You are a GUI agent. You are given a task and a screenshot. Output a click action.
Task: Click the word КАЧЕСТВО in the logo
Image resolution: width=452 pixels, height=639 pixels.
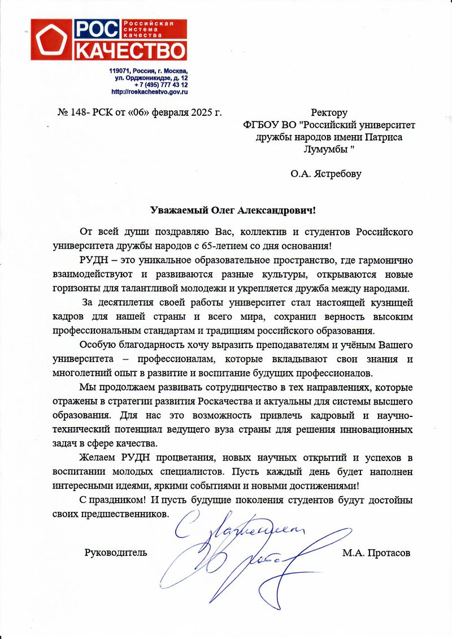coord(131,50)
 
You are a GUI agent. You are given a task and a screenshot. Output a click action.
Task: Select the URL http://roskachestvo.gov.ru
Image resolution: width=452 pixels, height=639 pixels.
coord(150,92)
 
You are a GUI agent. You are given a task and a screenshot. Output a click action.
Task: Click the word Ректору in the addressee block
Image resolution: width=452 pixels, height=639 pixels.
coord(329,113)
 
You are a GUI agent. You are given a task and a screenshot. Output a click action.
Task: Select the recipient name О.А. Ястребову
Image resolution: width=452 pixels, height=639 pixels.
coord(326,174)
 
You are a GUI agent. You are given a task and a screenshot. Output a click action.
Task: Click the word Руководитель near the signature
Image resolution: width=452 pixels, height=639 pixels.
coord(116,553)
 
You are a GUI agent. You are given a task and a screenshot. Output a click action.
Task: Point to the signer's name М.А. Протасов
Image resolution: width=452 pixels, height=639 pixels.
coord(376,553)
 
